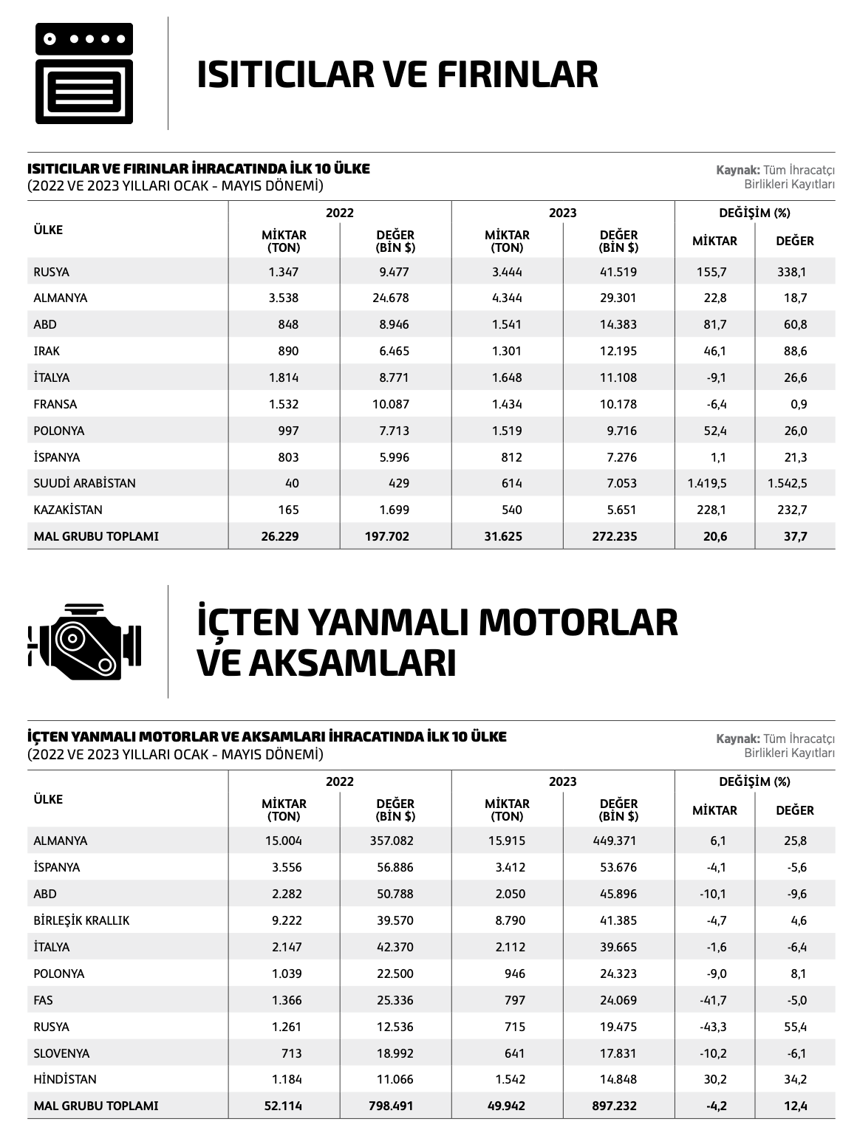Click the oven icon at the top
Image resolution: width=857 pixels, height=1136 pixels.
tap(84, 73)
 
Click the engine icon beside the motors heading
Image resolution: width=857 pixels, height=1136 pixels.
tap(84, 641)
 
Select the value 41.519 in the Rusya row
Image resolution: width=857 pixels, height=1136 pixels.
tap(618, 272)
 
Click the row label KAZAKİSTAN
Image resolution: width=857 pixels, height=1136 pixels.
tap(68, 510)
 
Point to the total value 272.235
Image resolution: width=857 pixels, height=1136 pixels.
tap(614, 536)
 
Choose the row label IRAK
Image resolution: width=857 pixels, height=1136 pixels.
tap(47, 351)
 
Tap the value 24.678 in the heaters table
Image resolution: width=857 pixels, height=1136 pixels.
tap(390, 298)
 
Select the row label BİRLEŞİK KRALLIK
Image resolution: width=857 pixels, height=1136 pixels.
tap(81, 920)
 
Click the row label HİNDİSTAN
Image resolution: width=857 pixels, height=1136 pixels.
tap(65, 1079)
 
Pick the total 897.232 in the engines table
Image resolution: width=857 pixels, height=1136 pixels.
tap(614, 1106)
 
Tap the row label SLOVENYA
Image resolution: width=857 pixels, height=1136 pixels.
tap(61, 1053)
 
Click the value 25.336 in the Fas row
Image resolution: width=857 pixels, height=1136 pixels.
tap(395, 1000)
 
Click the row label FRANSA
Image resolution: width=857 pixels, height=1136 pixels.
tap(55, 404)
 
